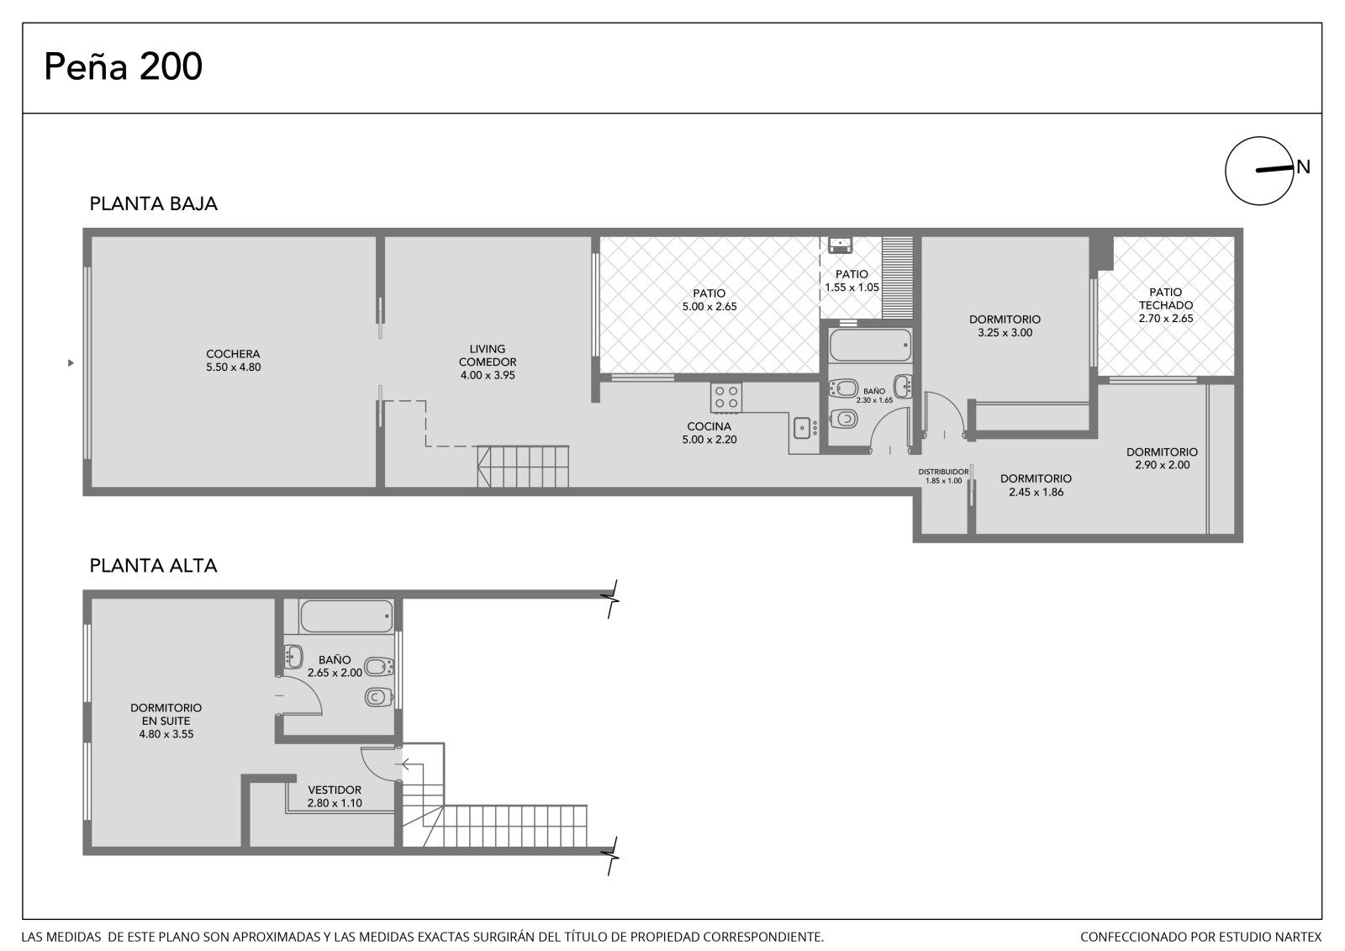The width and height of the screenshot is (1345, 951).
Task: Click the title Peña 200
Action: pyautogui.click(x=123, y=66)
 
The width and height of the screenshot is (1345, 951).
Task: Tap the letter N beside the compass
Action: pyautogui.click(x=1303, y=167)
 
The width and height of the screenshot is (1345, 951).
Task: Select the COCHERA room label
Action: pyautogui.click(x=233, y=355)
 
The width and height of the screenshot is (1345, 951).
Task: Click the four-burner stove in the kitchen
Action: pyautogui.click(x=726, y=398)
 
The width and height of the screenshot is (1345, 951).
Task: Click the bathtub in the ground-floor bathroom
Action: pyautogui.click(x=870, y=345)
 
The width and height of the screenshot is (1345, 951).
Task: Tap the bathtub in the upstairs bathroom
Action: pyautogui.click(x=346, y=616)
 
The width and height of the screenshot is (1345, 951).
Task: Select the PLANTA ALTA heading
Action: pyautogui.click(x=153, y=565)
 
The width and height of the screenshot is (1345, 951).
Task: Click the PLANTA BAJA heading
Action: pyautogui.click(x=153, y=203)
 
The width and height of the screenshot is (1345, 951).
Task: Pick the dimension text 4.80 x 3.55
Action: pyautogui.click(x=166, y=734)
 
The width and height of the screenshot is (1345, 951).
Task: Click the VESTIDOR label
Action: pyautogui.click(x=335, y=790)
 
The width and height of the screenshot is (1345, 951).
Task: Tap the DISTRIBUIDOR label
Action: pyautogui.click(x=943, y=473)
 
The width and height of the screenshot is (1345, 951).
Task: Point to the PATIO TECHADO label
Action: pyautogui.click(x=1165, y=299)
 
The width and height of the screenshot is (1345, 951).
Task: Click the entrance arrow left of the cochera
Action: pyautogui.click(x=71, y=363)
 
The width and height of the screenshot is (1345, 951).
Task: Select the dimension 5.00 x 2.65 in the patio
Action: pyautogui.click(x=709, y=306)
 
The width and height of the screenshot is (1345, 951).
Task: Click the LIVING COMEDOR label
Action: pyautogui.click(x=488, y=355)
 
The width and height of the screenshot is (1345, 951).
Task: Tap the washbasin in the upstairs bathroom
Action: pyautogui.click(x=293, y=657)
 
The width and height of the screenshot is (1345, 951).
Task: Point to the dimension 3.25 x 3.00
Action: pyautogui.click(x=1005, y=333)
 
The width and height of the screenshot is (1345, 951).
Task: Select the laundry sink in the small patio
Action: pyautogui.click(x=840, y=245)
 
